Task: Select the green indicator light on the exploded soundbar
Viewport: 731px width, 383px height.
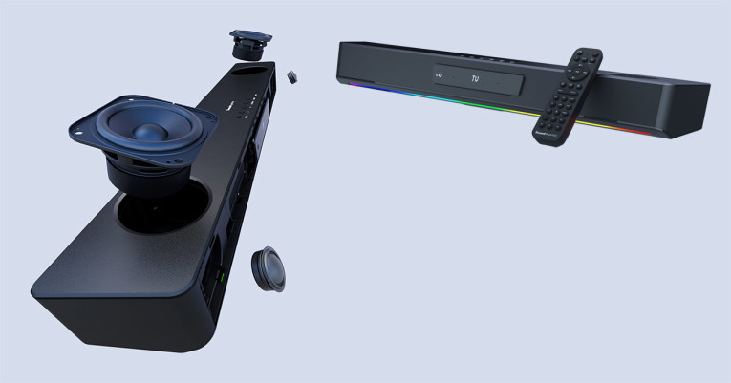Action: (x=221, y=278)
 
